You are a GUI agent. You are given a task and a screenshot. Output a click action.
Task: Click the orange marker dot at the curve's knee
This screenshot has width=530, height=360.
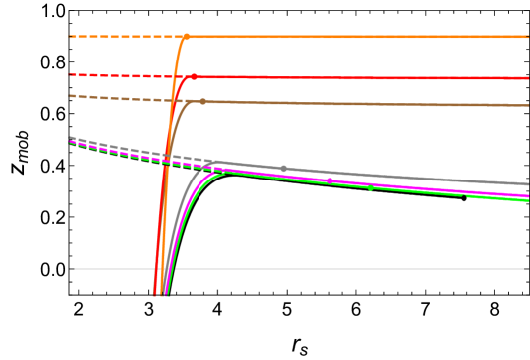pos(186,37)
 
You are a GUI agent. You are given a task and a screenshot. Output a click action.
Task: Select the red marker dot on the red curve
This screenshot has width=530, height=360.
pos(194,76)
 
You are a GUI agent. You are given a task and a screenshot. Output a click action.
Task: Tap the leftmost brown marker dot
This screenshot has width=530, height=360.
pos(189,101)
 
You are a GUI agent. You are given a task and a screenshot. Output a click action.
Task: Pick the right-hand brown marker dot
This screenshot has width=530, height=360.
pos(203,101)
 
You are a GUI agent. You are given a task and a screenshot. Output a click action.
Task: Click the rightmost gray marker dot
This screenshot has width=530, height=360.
pos(283,169)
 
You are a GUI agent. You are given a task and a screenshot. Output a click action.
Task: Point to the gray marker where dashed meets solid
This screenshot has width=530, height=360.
pos(208,163)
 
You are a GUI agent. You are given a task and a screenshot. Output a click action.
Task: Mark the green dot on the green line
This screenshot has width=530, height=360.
pos(370,187)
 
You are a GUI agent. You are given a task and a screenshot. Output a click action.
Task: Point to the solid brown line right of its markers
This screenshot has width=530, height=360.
pos(397,103)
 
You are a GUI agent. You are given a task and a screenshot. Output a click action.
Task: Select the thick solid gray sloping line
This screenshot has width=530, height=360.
pos(417,178)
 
